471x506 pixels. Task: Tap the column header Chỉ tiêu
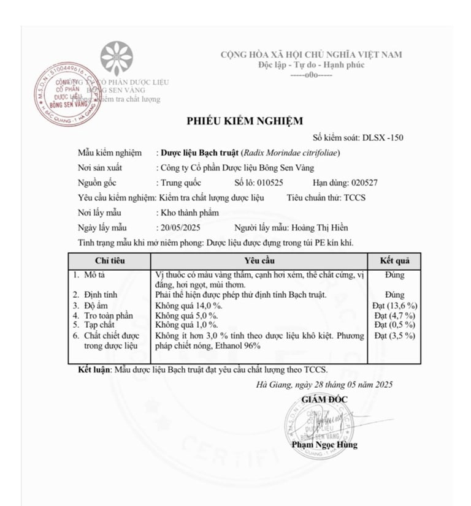coord(110,260)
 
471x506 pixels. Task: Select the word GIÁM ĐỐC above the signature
coord(324,399)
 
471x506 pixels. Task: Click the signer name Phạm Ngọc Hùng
coord(324,445)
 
